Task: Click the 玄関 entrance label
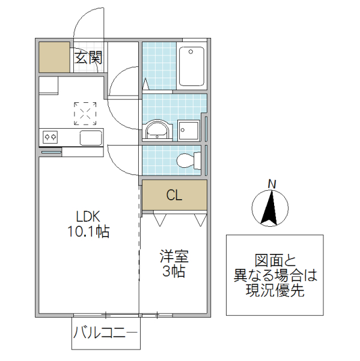[x=88, y=58]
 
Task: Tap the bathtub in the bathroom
[x=191, y=66]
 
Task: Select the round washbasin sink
[x=157, y=130]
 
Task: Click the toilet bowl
[x=188, y=160]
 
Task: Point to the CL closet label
[x=174, y=195]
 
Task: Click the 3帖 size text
[x=174, y=271]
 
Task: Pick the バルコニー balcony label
[x=106, y=333]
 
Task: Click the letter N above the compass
[x=272, y=184]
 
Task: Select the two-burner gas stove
[x=50, y=137]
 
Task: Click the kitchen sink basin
[x=91, y=137]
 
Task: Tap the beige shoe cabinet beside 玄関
[x=55, y=58]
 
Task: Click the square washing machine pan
[x=189, y=129]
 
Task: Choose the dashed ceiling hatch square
[x=85, y=113]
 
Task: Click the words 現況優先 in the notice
[x=275, y=291]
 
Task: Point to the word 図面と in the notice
[x=275, y=261]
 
